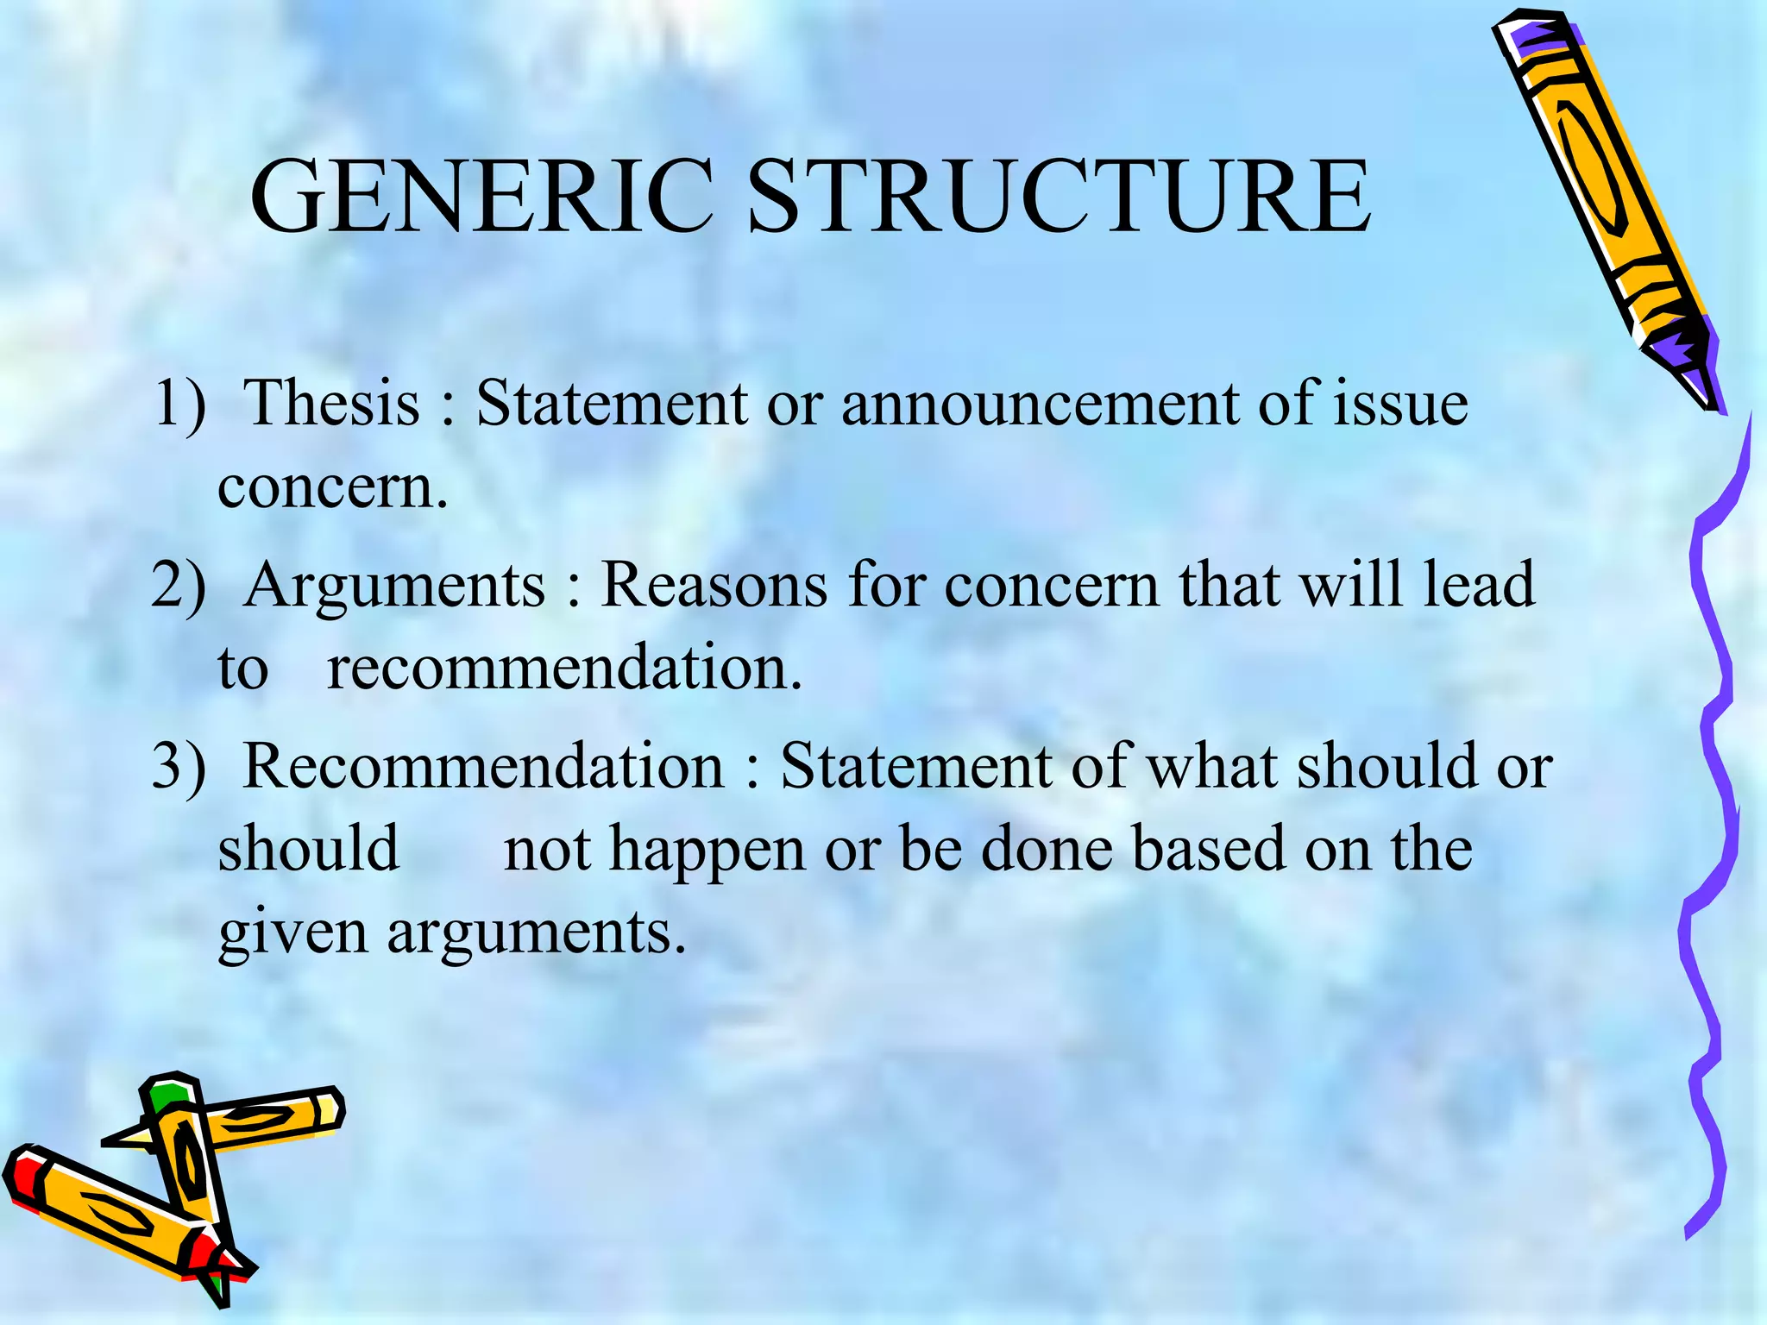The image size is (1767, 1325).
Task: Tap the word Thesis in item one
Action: [x=331, y=402]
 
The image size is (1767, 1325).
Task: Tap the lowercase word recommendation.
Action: [x=564, y=668]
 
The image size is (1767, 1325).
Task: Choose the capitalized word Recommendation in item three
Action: [x=483, y=765]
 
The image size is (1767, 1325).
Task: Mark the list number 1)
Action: [x=179, y=404]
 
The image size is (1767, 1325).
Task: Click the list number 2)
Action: [x=179, y=585]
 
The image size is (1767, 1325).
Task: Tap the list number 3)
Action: [x=179, y=765]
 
